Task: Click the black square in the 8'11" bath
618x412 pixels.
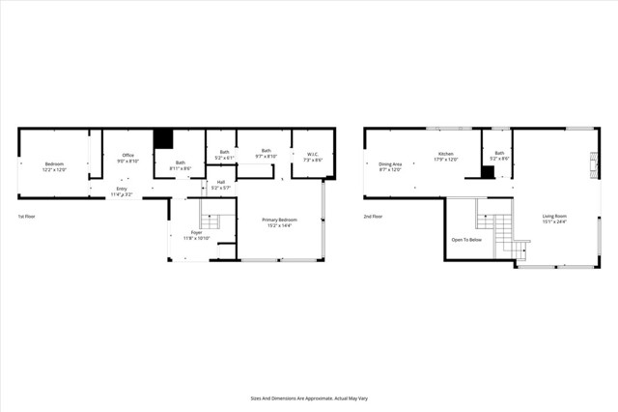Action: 163,137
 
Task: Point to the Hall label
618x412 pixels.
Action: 220,183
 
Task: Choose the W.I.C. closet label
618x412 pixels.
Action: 313,156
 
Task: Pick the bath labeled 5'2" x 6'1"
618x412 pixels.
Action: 223,154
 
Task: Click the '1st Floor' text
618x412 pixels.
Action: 27,217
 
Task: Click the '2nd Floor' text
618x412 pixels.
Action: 373,217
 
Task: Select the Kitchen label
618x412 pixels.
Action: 446,156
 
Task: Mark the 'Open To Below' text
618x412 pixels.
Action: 466,239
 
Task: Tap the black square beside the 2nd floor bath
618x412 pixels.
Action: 488,172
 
